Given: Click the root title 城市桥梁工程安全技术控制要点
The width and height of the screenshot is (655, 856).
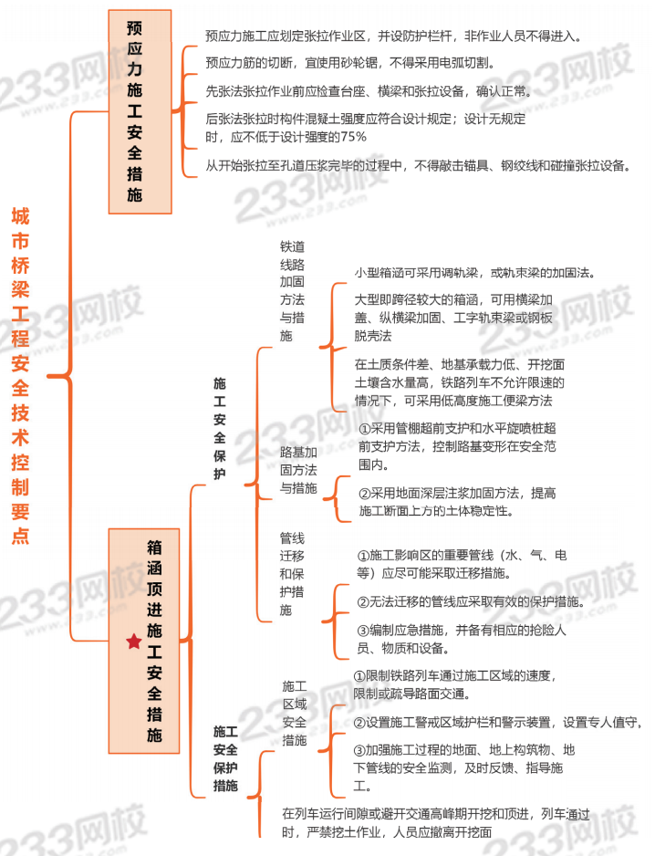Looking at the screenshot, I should pyautogui.click(x=19, y=375).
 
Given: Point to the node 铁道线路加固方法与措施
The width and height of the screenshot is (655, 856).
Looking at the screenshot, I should pyautogui.click(x=292, y=291).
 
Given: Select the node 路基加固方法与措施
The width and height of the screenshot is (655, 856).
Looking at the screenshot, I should pyautogui.click(x=298, y=470).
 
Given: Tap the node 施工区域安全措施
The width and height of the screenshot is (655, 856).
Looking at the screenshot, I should pyautogui.click(x=294, y=713).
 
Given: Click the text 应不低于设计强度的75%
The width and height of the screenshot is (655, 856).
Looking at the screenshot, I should pyautogui.click(x=286, y=137).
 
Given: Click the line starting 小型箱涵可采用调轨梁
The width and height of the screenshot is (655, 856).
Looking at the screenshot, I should pyautogui.click(x=474, y=273).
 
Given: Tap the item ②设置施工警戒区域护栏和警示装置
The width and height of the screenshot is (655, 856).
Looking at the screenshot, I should pyautogui.click(x=497, y=723).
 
